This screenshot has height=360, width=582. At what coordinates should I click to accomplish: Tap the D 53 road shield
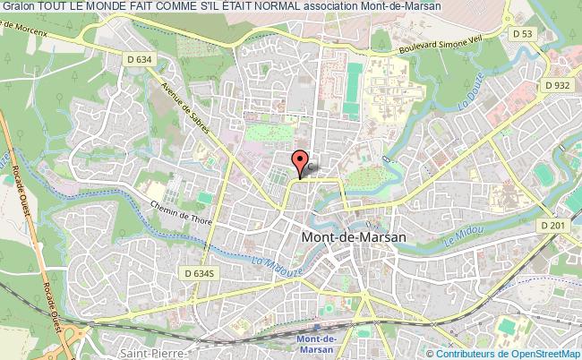click(522, 33)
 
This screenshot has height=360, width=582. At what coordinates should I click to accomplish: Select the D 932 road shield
click(555, 85)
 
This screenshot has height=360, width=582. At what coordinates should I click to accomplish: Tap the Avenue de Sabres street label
click(186, 109)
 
